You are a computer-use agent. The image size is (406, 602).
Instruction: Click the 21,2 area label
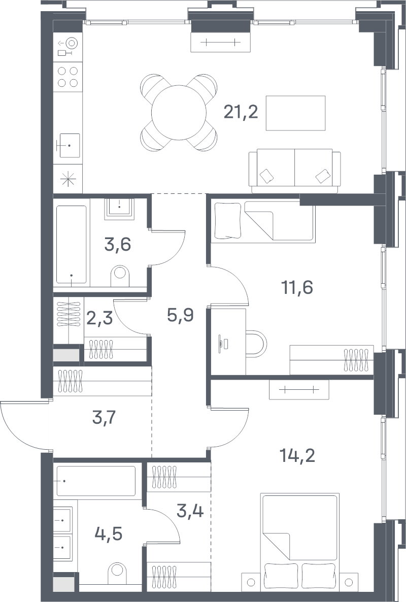(241, 113)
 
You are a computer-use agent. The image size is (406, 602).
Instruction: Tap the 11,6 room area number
(297, 287)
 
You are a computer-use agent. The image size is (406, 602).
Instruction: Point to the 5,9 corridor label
(180, 315)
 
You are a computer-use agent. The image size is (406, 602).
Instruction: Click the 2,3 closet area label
(99, 318)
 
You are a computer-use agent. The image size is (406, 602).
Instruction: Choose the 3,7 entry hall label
(104, 417)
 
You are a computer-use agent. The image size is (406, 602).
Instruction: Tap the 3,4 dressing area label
(190, 511)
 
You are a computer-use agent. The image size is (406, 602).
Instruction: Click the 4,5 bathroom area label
(109, 533)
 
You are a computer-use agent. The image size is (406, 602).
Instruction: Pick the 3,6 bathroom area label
(118, 244)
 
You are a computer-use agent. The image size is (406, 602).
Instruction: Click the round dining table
(179, 113)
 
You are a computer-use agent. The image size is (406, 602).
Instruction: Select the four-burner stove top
(68, 77)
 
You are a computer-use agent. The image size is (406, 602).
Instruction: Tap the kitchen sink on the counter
(69, 145)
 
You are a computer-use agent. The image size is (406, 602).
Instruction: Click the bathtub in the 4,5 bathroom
(96, 481)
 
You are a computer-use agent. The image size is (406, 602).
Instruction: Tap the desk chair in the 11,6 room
(256, 343)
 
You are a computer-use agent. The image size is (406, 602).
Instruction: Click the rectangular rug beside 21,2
(296, 113)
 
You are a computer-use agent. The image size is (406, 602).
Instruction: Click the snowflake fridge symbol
(68, 179)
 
